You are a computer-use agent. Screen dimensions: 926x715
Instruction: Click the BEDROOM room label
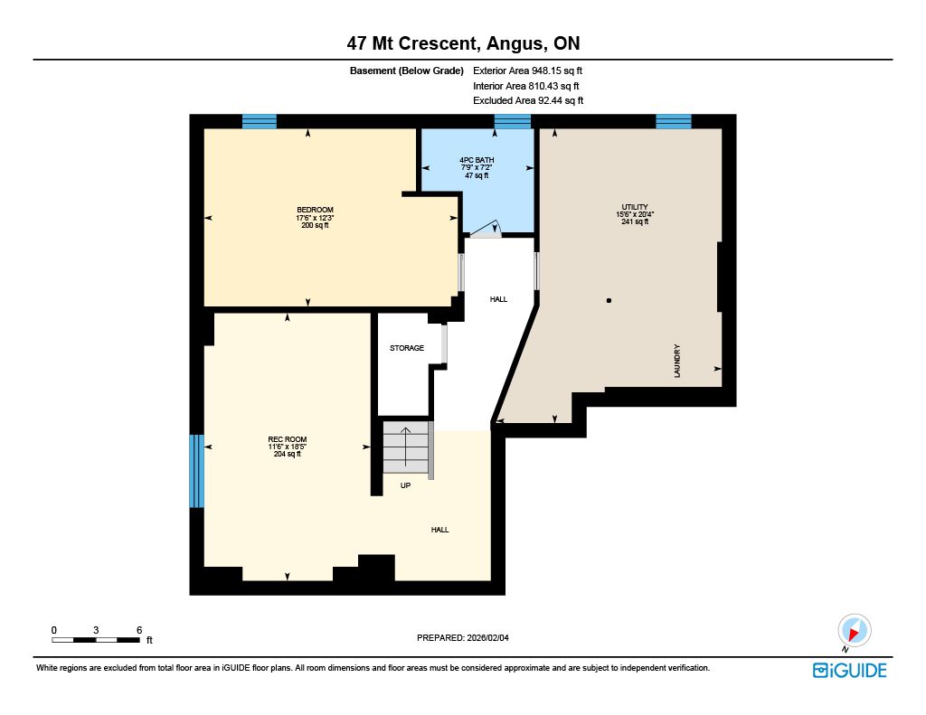tap(315, 210)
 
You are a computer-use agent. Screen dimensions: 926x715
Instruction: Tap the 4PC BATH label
tap(477, 160)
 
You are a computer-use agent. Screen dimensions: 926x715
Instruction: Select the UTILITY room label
tap(635, 207)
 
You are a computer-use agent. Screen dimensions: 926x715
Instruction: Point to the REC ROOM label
tap(287, 439)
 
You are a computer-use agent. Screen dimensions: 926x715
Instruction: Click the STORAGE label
tap(407, 348)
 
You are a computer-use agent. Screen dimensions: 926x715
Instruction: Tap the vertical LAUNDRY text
tap(676, 361)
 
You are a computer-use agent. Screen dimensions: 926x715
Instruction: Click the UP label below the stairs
tap(405, 485)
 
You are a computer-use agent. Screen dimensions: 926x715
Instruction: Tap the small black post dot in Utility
tap(609, 300)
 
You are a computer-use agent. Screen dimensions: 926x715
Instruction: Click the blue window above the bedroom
tap(260, 122)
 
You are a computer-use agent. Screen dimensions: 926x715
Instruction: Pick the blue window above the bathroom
tap(513, 122)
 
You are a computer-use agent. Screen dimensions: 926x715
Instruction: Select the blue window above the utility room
tap(674, 122)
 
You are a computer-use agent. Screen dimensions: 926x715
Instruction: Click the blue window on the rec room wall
tap(196, 471)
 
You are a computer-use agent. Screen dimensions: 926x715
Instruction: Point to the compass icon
tap(854, 631)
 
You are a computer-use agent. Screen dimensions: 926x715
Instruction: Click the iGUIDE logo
tap(850, 671)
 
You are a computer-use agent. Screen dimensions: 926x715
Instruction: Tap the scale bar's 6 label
tap(139, 630)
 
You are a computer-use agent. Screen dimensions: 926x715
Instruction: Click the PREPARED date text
tap(463, 637)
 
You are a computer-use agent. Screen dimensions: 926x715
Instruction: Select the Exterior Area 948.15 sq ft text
tap(527, 71)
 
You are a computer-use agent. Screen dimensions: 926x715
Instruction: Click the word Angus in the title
tap(514, 43)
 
